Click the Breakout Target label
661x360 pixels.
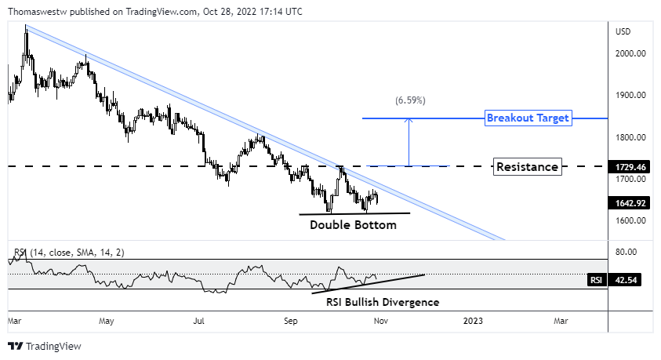coord(528,118)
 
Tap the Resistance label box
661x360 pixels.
coord(528,166)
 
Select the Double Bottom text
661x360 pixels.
coord(353,225)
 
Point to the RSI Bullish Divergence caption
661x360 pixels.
coord(383,302)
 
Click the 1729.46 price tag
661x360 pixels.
coord(631,167)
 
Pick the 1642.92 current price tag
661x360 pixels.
coord(631,202)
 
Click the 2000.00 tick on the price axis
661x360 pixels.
coord(630,54)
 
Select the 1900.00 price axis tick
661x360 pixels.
coord(630,96)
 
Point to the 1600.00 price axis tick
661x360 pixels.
coord(630,220)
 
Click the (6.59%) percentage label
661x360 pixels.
coord(410,100)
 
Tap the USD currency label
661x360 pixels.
coord(623,32)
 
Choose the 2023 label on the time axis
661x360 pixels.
coord(473,321)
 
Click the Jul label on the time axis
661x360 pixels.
coord(199,321)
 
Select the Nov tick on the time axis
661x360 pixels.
coord(380,321)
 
